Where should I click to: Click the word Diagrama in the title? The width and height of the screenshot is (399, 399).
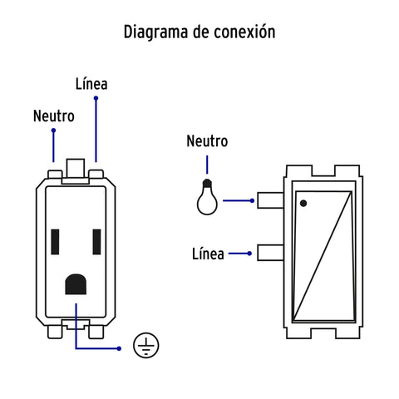[156, 32]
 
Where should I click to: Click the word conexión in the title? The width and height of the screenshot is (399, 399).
[245, 32]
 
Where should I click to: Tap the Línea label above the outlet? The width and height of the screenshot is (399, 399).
[91, 84]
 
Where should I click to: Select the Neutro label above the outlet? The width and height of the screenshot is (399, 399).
[54, 116]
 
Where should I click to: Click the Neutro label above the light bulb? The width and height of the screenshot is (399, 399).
[207, 140]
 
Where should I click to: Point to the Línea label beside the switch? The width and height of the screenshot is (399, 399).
[208, 254]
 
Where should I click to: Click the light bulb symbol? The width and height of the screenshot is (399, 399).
[207, 197]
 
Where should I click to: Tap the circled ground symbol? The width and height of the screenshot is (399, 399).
[146, 345]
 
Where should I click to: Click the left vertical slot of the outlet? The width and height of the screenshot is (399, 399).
[55, 242]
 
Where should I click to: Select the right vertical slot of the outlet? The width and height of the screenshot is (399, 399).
[96, 242]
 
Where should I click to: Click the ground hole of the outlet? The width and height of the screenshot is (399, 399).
[76, 284]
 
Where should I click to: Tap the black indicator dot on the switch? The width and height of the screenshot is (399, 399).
[303, 204]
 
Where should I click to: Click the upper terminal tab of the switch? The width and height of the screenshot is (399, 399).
[270, 200]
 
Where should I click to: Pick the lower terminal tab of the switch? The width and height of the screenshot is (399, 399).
[270, 253]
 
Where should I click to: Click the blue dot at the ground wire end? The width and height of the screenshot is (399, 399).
[119, 348]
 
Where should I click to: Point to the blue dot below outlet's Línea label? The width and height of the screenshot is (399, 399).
[96, 98]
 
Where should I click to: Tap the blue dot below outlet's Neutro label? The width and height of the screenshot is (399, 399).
[53, 131]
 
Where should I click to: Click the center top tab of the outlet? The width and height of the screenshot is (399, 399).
[76, 168]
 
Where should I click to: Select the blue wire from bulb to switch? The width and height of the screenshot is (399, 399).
[239, 200]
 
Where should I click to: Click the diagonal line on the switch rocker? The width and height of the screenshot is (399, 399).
[323, 255]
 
